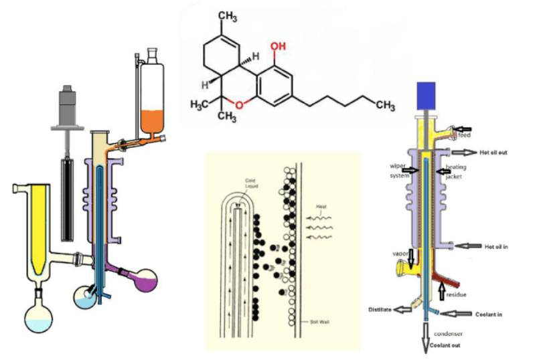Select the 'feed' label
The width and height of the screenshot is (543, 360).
464,134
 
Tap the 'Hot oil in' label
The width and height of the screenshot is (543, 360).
496,247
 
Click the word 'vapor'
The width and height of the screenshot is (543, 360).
401,254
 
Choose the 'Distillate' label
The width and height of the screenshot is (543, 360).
380,308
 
